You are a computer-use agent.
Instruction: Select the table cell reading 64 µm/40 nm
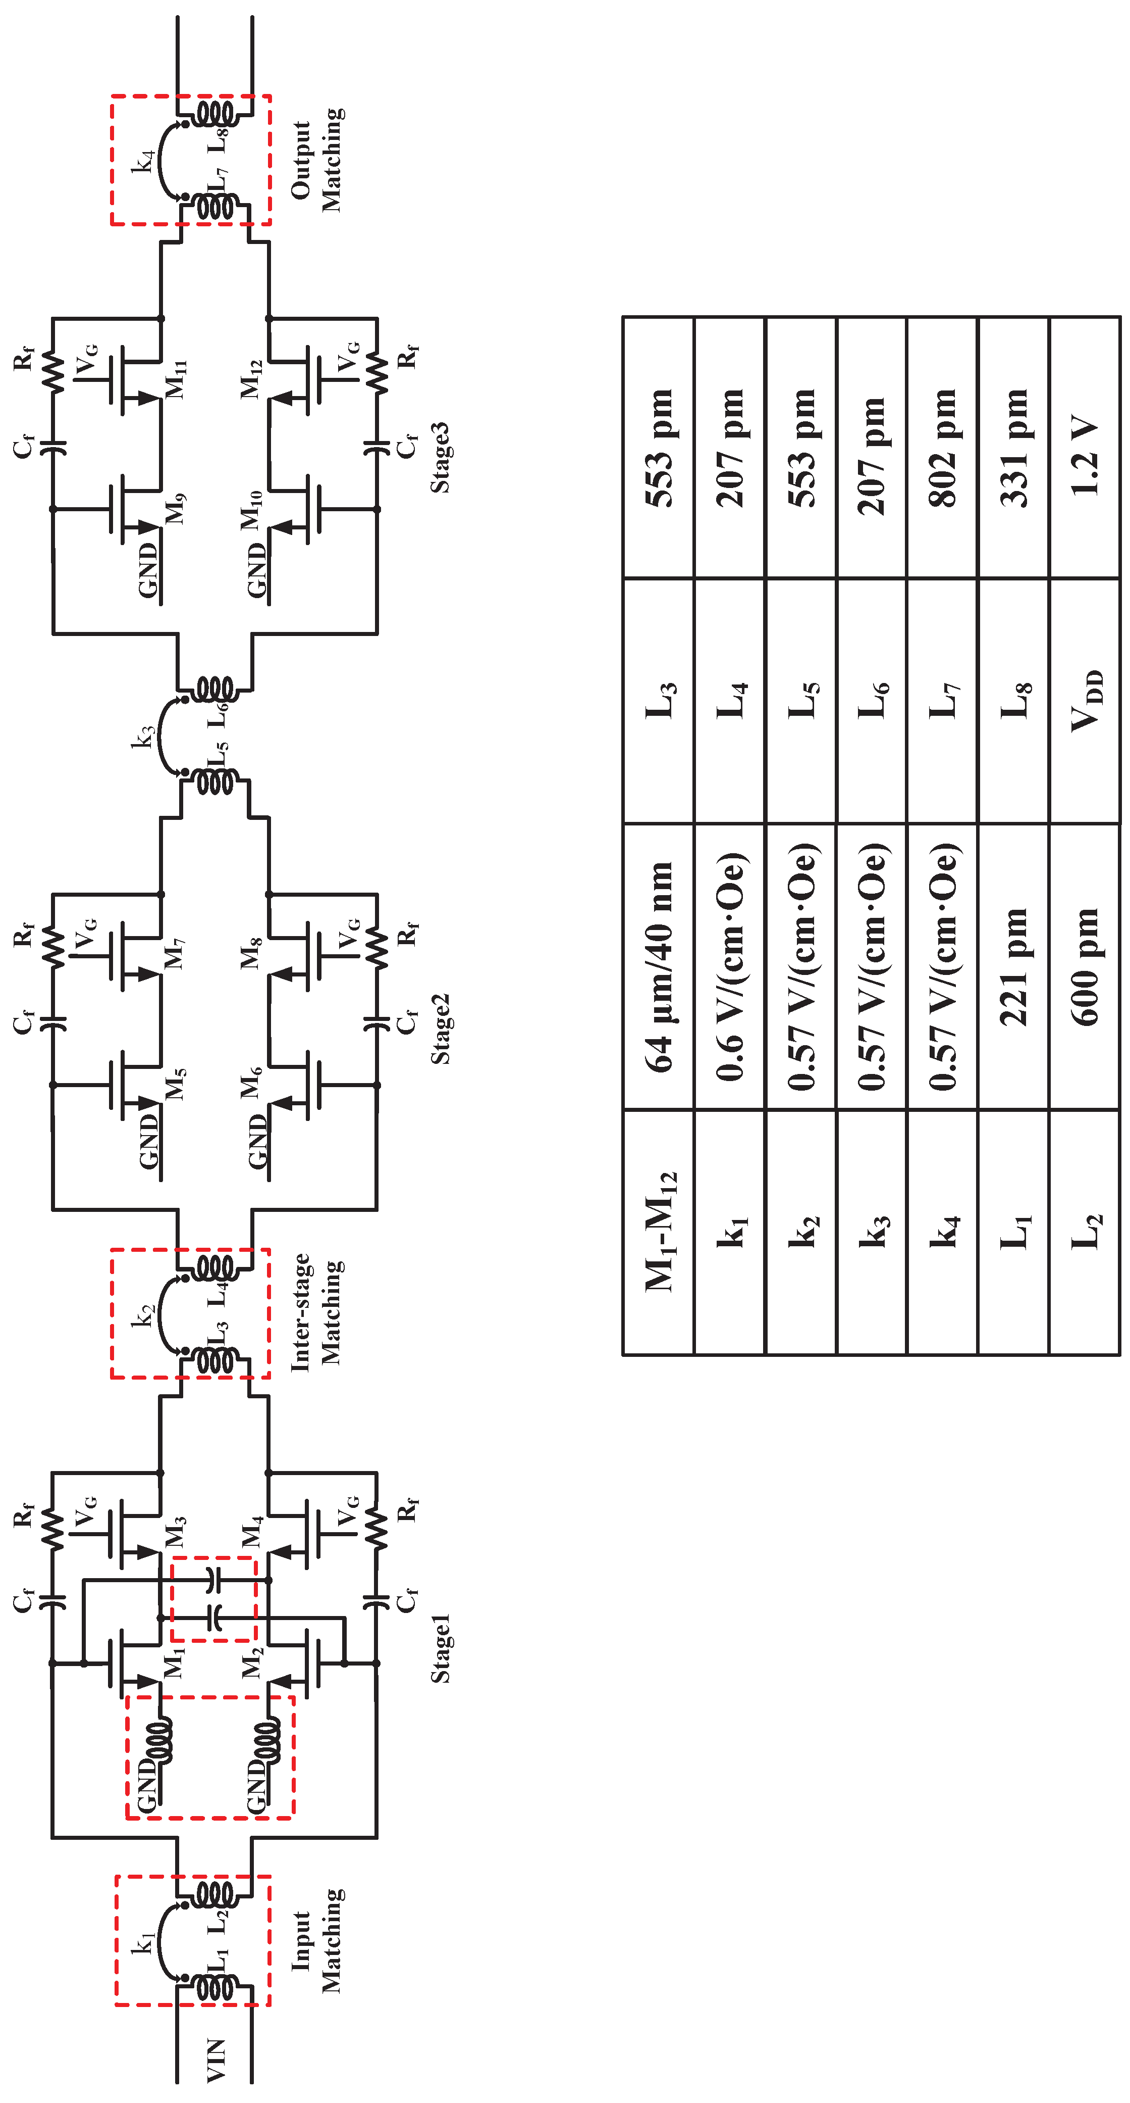coord(659,966)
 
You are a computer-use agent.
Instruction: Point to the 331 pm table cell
coord(1013,448)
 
